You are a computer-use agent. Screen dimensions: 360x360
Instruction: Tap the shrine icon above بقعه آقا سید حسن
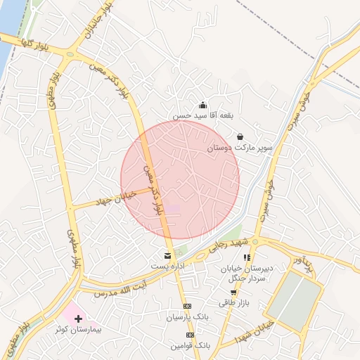click(x=202, y=105)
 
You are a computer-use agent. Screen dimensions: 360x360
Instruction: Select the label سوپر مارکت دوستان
click(x=240, y=149)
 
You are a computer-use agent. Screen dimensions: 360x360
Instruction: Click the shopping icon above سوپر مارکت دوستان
click(x=240, y=136)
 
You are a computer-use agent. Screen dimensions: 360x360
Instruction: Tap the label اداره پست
click(x=167, y=266)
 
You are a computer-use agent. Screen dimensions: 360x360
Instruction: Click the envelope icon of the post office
click(x=167, y=255)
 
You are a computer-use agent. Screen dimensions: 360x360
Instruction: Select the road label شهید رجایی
click(x=226, y=245)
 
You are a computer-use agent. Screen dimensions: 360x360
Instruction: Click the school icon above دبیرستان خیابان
click(x=247, y=258)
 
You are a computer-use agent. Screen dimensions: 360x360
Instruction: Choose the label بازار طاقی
click(x=233, y=302)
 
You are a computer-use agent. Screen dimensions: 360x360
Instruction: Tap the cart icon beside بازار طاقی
click(x=233, y=292)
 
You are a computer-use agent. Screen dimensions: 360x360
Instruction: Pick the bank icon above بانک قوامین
click(x=187, y=335)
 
